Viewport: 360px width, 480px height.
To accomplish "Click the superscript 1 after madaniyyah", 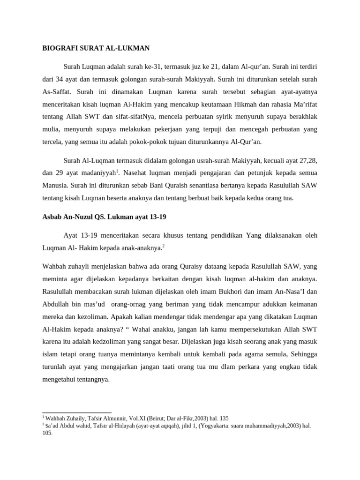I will point(117,171).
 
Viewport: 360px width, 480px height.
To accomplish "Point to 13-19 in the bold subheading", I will point(156,217).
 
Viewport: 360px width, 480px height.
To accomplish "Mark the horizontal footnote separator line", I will point(77,413).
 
